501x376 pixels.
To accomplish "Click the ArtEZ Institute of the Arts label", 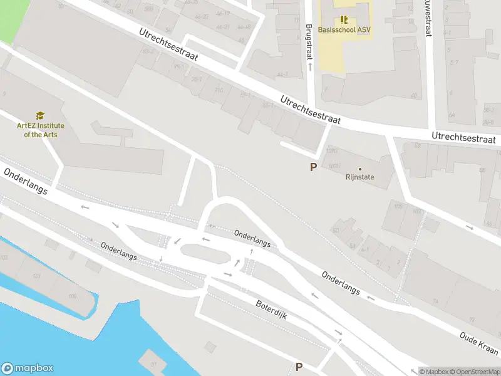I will tap(40, 130).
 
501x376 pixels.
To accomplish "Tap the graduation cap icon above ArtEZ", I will tap(40, 116).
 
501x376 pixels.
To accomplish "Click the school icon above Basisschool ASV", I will tap(343, 19).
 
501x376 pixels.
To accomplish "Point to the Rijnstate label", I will tap(359, 177).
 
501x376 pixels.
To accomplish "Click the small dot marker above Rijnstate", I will tap(359, 169).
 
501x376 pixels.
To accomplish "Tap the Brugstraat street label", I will tap(309, 42).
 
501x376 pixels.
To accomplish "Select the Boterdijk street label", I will tap(271, 309).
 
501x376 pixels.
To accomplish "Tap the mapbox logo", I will tap(28, 368).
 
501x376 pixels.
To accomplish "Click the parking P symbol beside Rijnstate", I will tap(313, 167).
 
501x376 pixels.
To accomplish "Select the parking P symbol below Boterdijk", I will tap(299, 367).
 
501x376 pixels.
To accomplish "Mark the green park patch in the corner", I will tap(13, 19).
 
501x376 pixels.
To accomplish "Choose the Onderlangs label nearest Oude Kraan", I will tap(341, 283).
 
